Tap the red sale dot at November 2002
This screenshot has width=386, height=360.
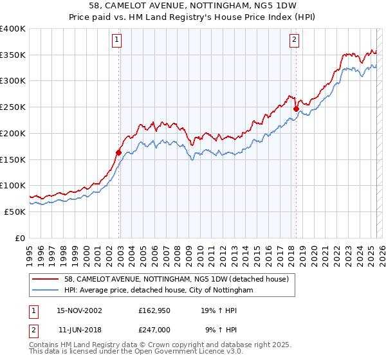click(119, 152)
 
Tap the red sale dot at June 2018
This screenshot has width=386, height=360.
click(296, 109)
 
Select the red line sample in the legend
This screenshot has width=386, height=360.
click(46, 280)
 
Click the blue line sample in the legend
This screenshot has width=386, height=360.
click(46, 291)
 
